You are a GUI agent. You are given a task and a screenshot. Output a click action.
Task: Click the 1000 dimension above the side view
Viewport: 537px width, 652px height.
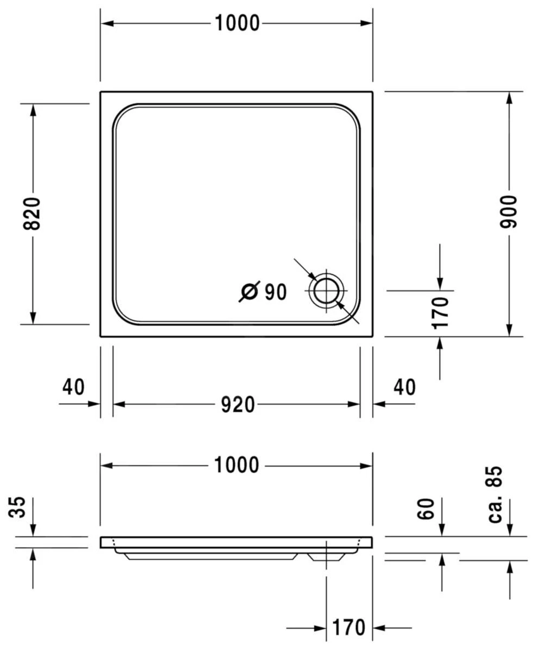[236, 466]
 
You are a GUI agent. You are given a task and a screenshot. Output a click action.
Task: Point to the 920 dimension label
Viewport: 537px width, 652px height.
[238, 405]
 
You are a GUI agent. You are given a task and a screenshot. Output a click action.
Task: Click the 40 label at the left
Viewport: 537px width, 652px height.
[73, 387]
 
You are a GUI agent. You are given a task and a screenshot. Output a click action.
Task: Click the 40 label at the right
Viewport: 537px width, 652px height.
[404, 387]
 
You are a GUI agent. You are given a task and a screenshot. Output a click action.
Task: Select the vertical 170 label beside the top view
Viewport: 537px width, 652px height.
[441, 312]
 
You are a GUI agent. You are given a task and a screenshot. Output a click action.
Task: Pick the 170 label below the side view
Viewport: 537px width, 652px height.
[348, 628]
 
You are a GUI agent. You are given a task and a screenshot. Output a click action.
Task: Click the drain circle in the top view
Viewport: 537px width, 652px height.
[327, 290]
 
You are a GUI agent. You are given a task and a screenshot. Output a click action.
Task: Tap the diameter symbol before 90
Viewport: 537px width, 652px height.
[249, 292]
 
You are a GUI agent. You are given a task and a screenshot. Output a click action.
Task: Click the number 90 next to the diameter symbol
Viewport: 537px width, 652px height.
[276, 292]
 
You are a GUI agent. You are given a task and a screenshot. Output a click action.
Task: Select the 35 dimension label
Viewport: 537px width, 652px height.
[19, 507]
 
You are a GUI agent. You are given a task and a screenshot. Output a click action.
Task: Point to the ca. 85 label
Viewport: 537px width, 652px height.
[495, 494]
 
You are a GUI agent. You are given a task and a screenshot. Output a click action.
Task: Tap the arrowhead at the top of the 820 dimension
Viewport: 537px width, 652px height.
[33, 109]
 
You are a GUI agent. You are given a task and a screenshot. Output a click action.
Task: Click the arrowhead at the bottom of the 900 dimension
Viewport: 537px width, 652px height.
[509, 330]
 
